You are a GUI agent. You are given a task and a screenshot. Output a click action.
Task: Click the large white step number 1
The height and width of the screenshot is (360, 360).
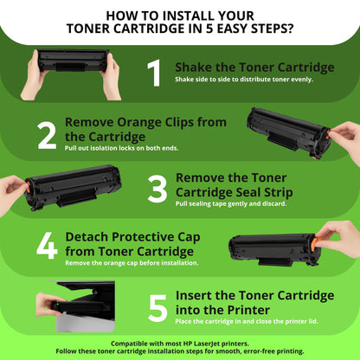click(x=154, y=73)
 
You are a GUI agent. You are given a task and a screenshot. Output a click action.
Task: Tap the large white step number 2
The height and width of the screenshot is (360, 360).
click(x=47, y=136)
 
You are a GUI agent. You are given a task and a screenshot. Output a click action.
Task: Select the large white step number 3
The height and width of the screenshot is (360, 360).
click(x=157, y=190)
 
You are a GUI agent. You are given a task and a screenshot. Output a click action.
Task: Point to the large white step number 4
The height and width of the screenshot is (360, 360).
click(x=47, y=246)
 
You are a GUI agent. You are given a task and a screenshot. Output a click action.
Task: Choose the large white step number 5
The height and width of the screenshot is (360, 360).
click(x=157, y=308)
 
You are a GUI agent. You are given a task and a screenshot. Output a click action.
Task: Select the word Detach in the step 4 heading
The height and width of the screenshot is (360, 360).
click(x=87, y=237)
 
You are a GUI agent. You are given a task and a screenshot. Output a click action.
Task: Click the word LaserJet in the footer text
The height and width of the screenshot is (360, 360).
click(x=208, y=344)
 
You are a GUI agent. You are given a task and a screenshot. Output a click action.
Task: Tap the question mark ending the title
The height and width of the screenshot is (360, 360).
click(x=289, y=29)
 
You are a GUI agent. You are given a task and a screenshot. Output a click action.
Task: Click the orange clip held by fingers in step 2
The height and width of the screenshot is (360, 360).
click(x=328, y=134)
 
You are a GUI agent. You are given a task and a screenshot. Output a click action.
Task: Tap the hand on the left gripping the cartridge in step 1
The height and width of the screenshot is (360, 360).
click(x=34, y=77)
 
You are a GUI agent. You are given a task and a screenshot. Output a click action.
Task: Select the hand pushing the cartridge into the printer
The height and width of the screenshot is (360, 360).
click(x=48, y=305)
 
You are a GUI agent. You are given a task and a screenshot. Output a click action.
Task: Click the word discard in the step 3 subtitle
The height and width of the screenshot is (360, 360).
click(x=274, y=203)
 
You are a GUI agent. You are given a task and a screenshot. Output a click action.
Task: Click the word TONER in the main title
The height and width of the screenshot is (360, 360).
click(x=87, y=29)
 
